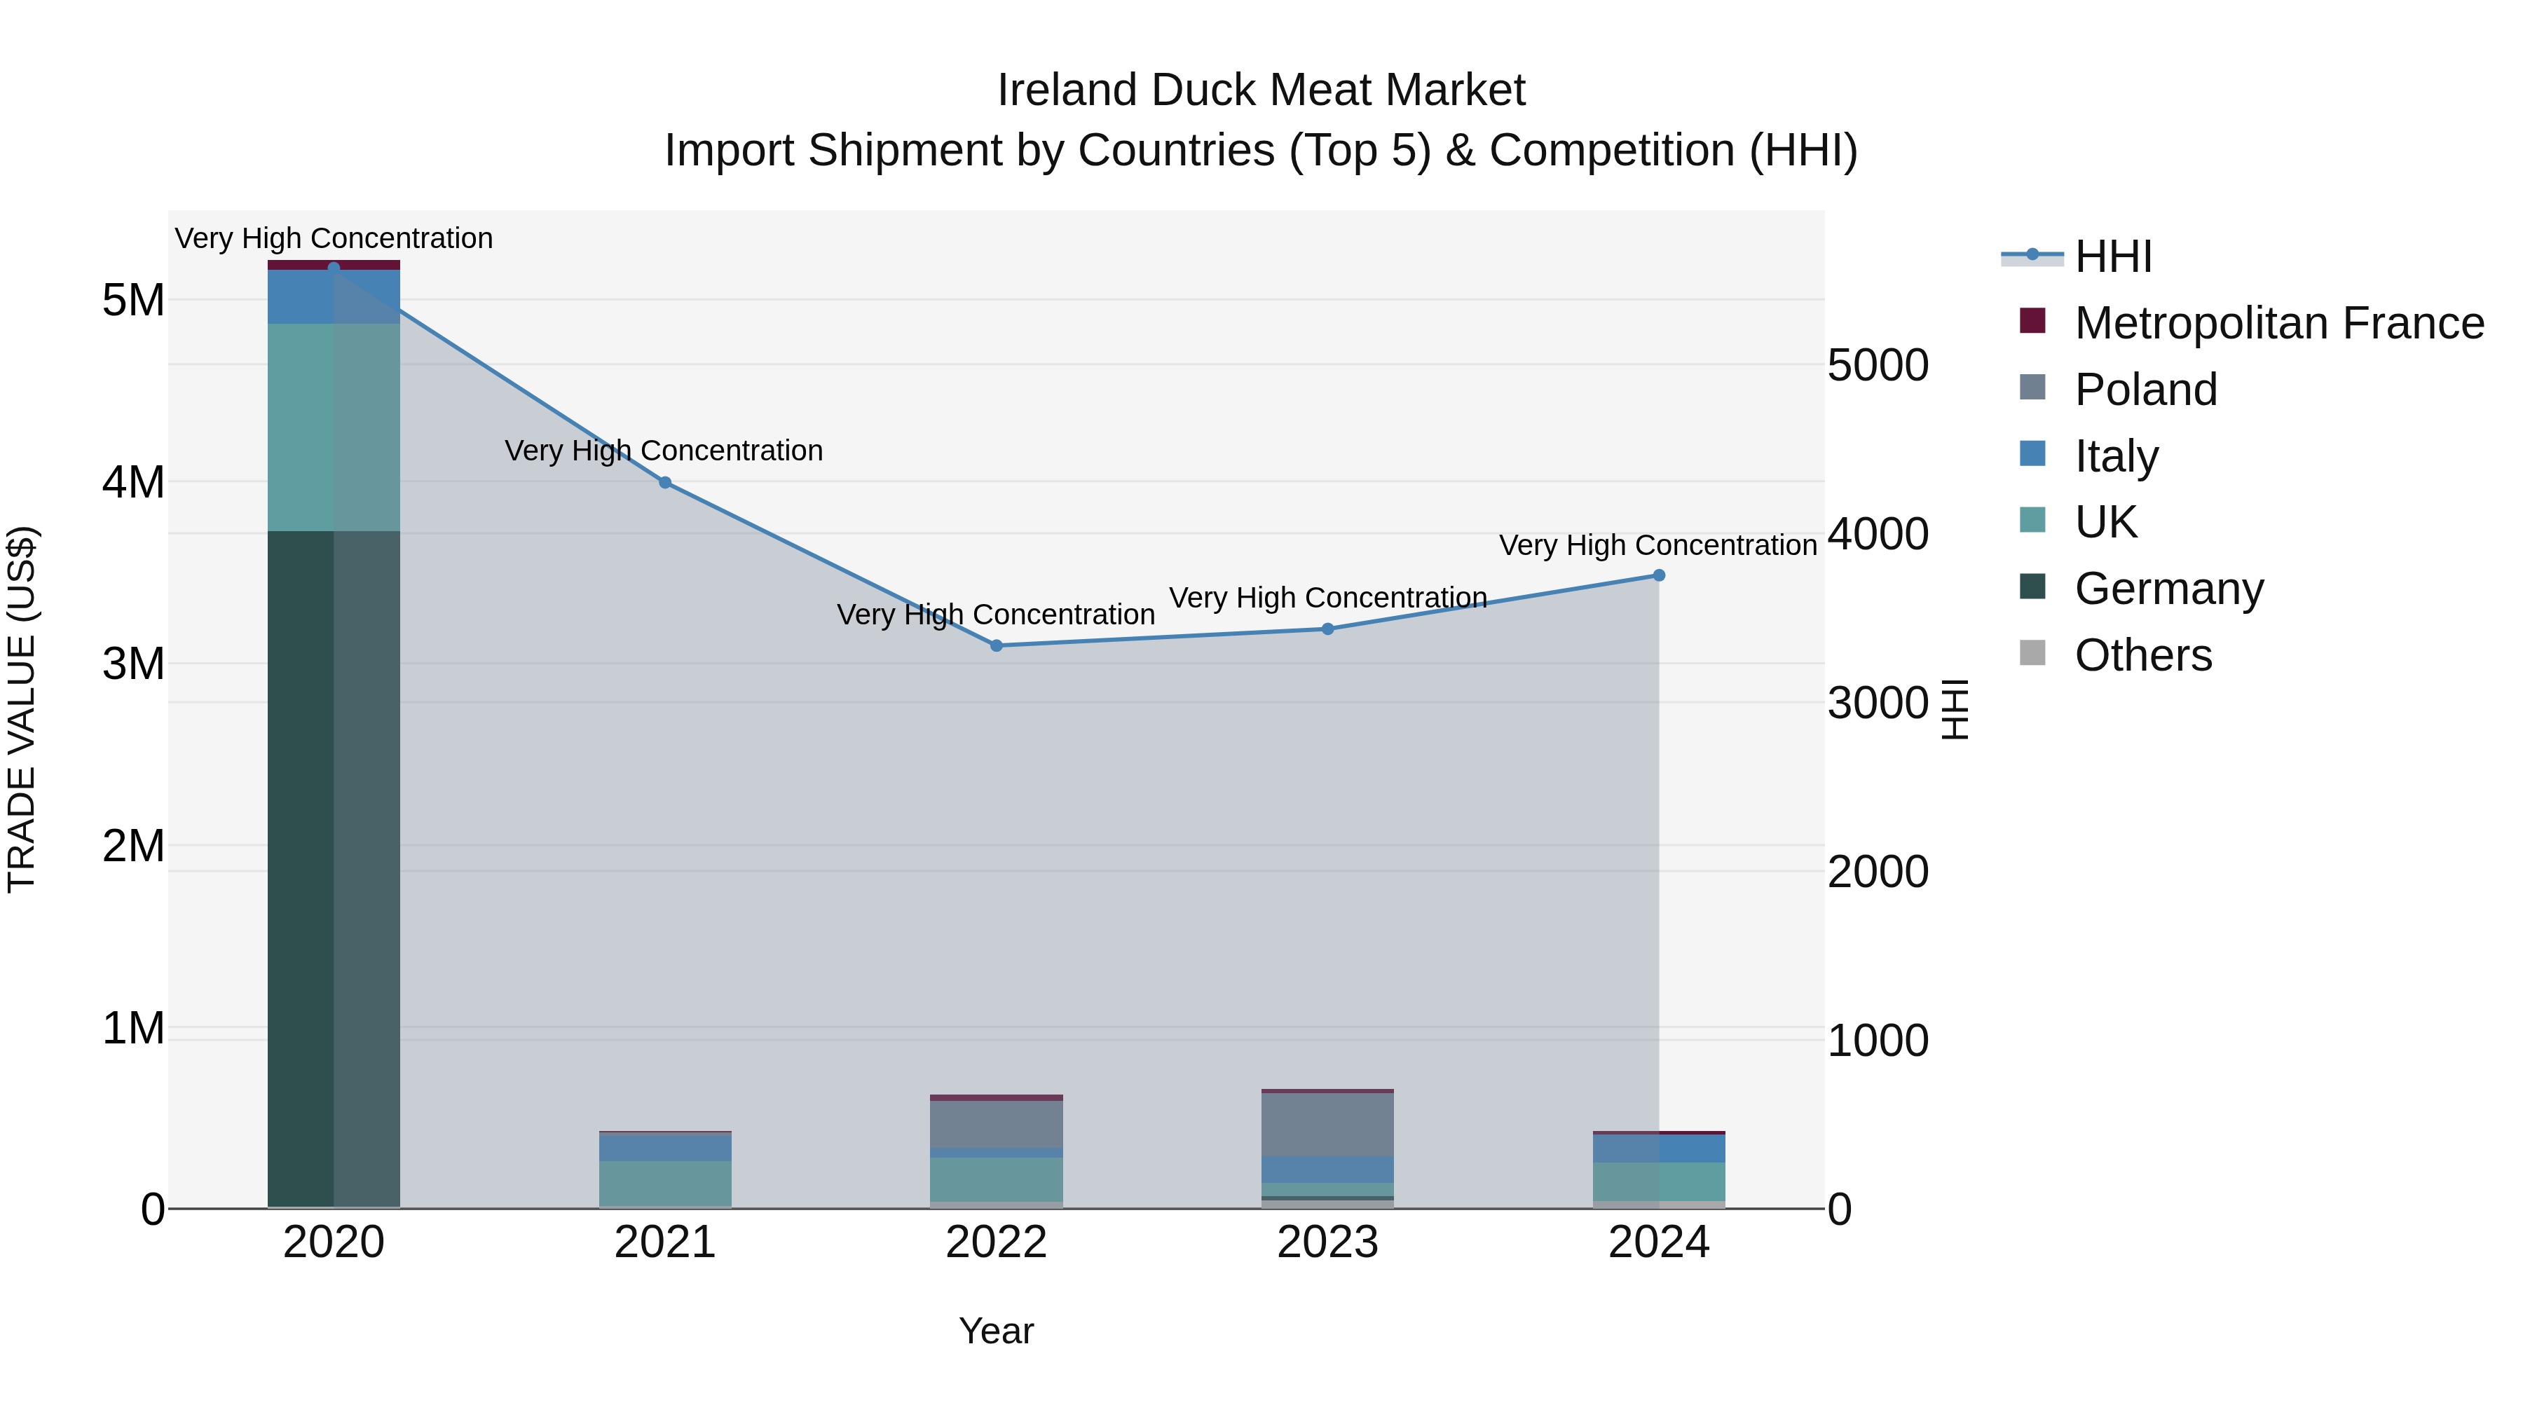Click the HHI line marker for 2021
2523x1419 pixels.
665,482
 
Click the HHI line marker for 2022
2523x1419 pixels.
996,645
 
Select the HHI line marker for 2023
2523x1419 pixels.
1328,629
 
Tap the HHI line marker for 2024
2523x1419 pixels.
1659,575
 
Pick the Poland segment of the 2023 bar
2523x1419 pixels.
1328,1124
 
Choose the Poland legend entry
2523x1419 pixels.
2145,390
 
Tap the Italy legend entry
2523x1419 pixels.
2116,456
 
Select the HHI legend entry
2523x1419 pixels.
2112,256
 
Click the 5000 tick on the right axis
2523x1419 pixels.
1878,365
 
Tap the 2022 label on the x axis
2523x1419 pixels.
996,1242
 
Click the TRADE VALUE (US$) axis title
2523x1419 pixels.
22,709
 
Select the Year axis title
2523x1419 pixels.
996,1331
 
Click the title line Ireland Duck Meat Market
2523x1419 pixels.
1261,90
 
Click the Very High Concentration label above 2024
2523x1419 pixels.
1657,545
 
